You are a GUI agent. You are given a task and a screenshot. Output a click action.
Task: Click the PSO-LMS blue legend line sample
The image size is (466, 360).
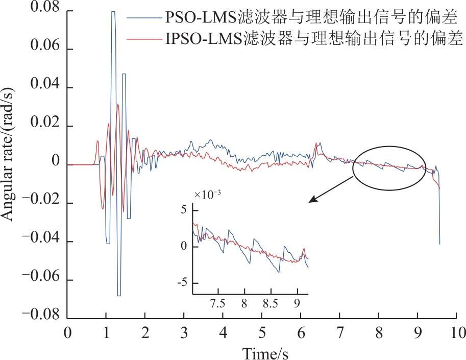[144, 17]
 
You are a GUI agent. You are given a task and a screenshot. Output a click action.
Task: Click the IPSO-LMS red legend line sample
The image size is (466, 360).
[144, 39]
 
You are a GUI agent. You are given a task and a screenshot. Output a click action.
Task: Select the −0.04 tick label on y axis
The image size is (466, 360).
[41, 238]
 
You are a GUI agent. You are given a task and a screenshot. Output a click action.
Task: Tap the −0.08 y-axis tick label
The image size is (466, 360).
[41, 315]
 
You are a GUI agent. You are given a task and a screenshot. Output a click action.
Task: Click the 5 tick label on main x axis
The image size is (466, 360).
[262, 333]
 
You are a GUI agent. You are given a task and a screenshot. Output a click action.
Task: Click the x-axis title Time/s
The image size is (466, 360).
[265, 353]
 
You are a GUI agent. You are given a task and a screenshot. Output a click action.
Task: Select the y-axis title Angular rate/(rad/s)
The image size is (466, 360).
[8, 154]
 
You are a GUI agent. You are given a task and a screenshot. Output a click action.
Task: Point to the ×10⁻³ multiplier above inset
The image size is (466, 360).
[207, 195]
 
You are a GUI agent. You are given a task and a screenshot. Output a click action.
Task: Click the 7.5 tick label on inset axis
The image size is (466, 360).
[218, 304]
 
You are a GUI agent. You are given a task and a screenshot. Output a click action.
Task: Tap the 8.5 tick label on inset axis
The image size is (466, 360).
[271, 304]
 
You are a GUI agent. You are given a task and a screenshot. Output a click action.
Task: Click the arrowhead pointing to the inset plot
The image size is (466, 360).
[313, 199]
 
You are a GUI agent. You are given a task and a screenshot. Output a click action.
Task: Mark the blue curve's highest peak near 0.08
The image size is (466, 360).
[113, 12]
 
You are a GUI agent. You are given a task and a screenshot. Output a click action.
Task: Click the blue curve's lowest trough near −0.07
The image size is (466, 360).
[119, 296]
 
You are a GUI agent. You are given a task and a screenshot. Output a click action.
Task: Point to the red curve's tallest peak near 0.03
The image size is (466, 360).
[118, 105]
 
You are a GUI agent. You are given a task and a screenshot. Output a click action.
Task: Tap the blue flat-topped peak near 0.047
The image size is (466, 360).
[124, 74]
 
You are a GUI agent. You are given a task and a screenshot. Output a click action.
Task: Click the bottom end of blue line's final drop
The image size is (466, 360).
[440, 244]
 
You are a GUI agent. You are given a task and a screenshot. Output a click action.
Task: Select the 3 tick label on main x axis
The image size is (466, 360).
[184, 333]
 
